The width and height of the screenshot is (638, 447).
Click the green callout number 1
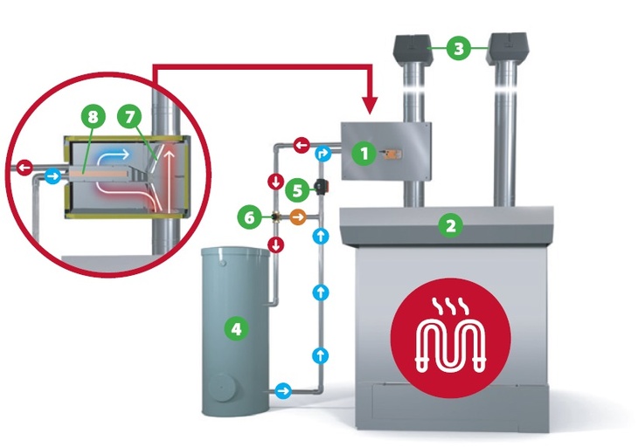[364, 154]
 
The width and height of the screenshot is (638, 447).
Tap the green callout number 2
[451, 224]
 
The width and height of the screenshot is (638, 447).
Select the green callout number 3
[459, 48]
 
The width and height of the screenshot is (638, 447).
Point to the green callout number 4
[236, 328]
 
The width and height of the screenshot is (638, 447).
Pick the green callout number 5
[297, 190]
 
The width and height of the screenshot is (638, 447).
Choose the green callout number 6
[250, 217]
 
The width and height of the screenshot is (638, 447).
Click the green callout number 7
[130, 117]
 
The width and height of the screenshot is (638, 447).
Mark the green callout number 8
[94, 117]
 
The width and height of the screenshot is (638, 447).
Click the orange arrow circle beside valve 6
[298, 217]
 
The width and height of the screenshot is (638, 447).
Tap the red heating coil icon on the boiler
[450, 338]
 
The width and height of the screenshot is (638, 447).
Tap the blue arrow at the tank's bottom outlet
[283, 391]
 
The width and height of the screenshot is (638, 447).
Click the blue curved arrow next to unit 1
[323, 154]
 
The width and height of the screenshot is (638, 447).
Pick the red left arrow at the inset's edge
[24, 167]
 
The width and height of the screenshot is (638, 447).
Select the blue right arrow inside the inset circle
[52, 176]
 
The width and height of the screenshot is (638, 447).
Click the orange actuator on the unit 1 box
[391, 154]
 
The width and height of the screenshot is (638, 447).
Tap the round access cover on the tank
[222, 388]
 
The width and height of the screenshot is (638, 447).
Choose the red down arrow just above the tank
[276, 244]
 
